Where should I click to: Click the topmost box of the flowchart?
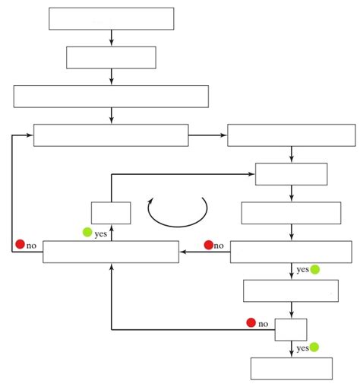pos(111,18)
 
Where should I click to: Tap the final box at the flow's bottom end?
pos(292,368)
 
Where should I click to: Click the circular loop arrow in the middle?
pos(178,212)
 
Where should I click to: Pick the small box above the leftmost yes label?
pos(111,212)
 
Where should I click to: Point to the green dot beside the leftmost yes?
pos(87,233)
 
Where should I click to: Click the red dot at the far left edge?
pos(20,244)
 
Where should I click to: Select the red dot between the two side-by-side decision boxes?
pos(208,245)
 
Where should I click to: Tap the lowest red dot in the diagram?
pos(251,322)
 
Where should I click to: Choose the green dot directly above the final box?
pos(314,347)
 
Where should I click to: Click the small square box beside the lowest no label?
pos(291,329)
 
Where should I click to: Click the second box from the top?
pos(111,57)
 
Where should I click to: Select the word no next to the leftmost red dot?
pos(31,246)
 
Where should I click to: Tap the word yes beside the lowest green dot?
pos(302,348)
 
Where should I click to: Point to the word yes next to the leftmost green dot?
pos(100,233)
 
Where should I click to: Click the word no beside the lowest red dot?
pos(264,324)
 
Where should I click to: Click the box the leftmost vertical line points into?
pos(111,135)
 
